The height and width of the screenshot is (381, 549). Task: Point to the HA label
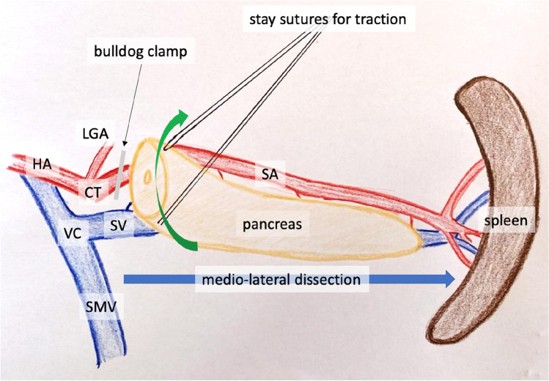pyautogui.click(x=41, y=166)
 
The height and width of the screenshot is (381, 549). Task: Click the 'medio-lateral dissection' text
pyautogui.click(x=281, y=280)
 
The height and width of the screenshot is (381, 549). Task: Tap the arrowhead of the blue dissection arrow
pyautogui.click(x=447, y=279)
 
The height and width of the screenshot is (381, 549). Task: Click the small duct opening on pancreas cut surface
pyautogui.click(x=147, y=177)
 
